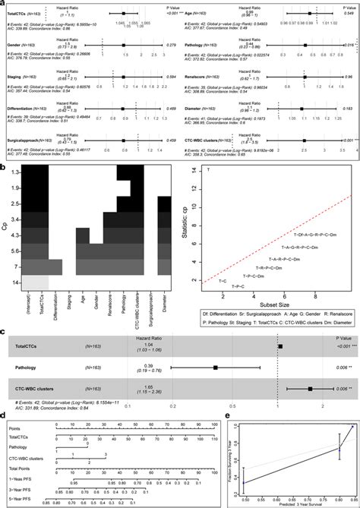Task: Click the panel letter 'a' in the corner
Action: [x=4, y=3]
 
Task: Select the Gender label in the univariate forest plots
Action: [x=14, y=45]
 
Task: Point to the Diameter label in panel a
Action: [x=197, y=108]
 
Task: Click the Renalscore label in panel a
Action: [x=200, y=76]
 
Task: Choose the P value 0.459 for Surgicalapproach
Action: [x=171, y=140]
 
